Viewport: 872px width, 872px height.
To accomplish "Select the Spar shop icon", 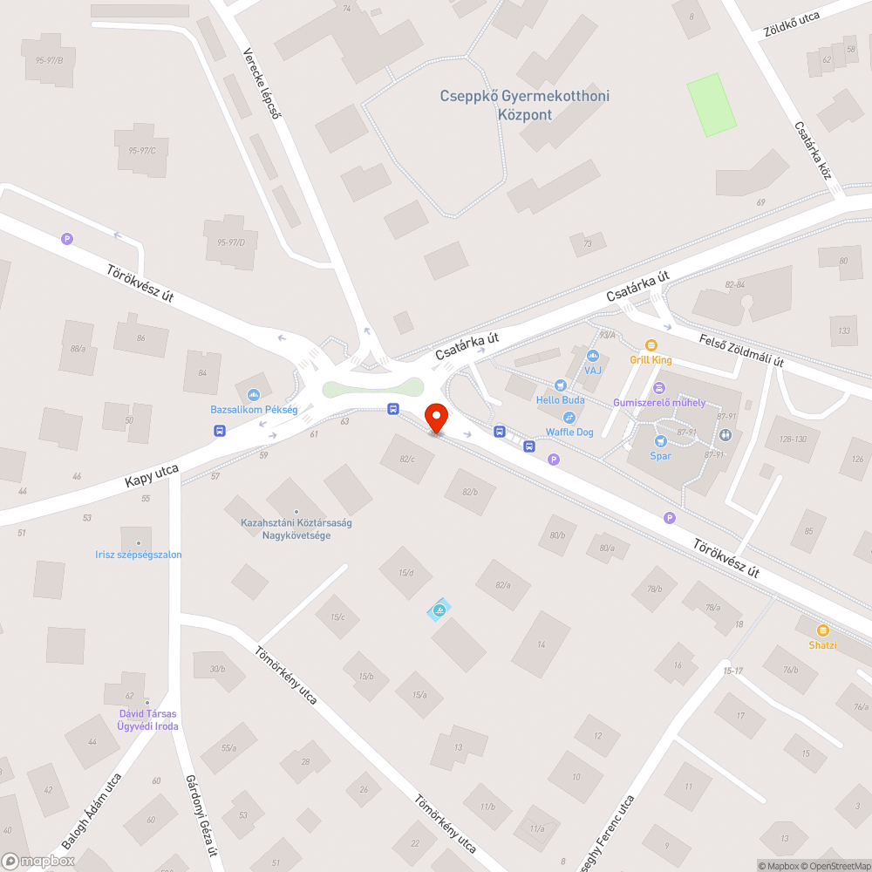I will coord(660,441).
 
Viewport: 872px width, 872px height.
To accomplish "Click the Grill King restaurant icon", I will coord(651,345).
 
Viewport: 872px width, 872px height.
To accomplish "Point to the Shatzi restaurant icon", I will coord(821,630).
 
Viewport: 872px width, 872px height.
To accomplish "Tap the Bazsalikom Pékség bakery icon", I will coord(254,395).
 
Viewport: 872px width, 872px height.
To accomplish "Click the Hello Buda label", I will coord(560,400).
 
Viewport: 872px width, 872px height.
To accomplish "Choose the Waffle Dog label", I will coord(569,433).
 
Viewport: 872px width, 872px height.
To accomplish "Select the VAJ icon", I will coord(593,356).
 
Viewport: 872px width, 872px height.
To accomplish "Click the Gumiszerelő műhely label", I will coord(659,403).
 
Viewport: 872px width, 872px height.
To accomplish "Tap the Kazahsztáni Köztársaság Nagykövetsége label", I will coord(296,528).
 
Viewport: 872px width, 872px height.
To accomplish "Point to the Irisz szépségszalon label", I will coord(139,555).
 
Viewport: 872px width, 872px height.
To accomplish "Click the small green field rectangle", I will coord(711,105).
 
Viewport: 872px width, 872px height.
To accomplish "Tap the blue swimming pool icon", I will coord(439,611).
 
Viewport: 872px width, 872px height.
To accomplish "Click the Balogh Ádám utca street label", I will coord(92,811).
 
